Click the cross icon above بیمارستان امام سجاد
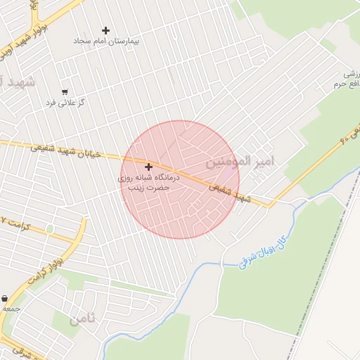[105, 30]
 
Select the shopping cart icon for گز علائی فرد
[65, 92]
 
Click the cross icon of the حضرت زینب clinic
[148, 167]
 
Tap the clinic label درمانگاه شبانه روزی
[149, 179]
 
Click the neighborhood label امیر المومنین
[240, 162]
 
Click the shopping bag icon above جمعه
[5, 299]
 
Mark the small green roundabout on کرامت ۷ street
[49, 229]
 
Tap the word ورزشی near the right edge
[351, 74]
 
